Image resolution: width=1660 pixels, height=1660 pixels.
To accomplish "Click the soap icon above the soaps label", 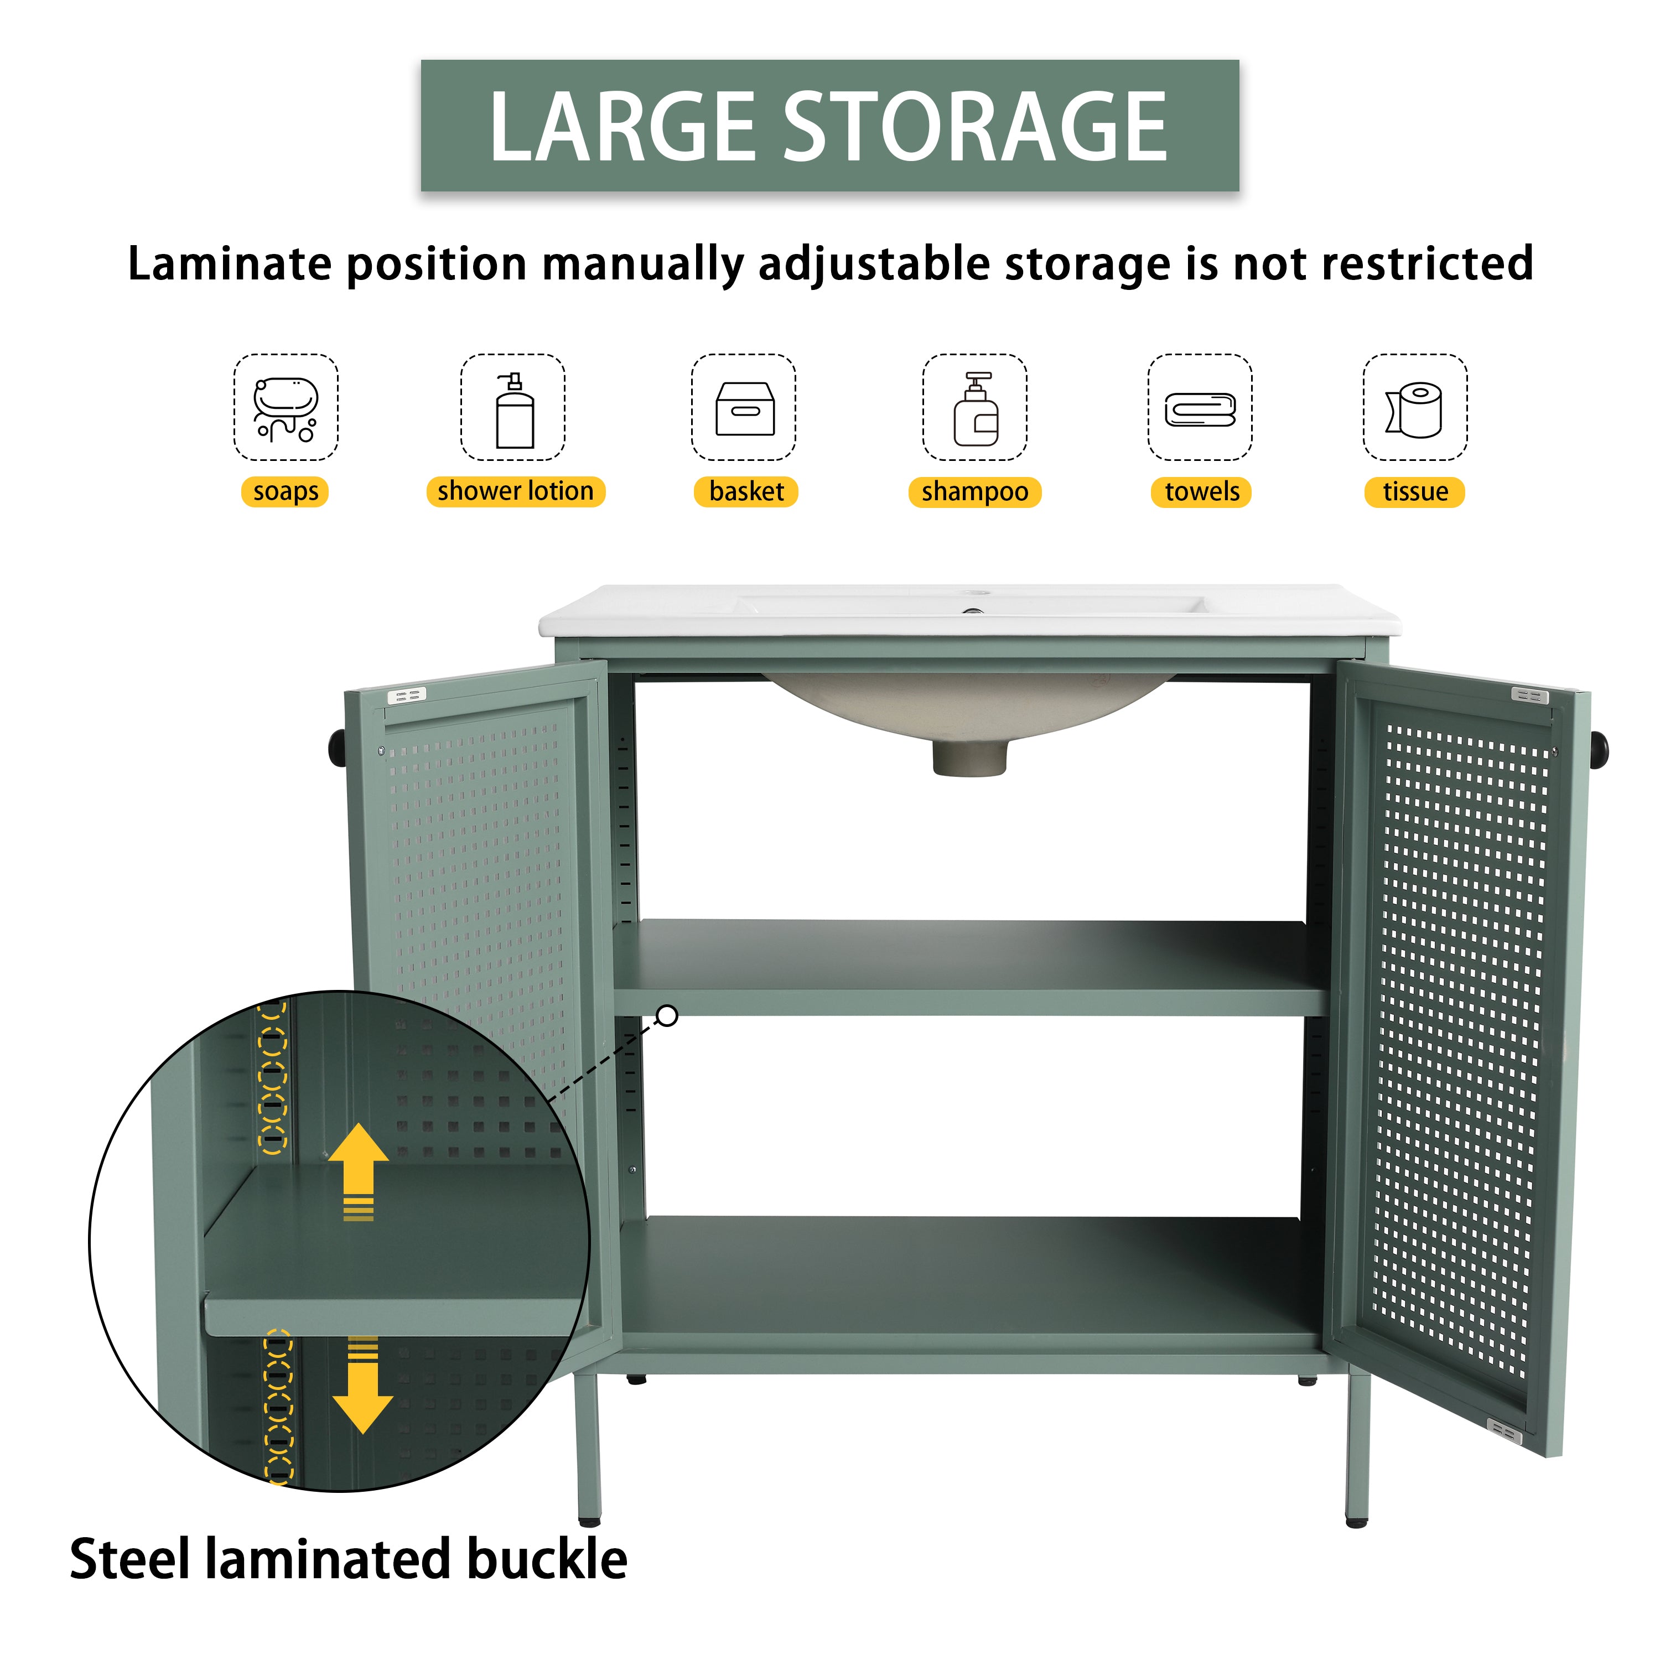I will [x=286, y=407].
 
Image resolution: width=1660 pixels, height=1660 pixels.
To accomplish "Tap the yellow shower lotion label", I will [x=516, y=491].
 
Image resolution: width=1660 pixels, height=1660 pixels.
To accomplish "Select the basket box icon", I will [x=744, y=409].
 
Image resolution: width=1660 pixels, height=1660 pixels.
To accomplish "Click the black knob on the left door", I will [x=338, y=748].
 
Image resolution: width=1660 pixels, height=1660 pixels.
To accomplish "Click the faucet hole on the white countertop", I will [x=975, y=594].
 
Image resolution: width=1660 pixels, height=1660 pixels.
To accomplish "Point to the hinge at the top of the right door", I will [x=1529, y=695].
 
